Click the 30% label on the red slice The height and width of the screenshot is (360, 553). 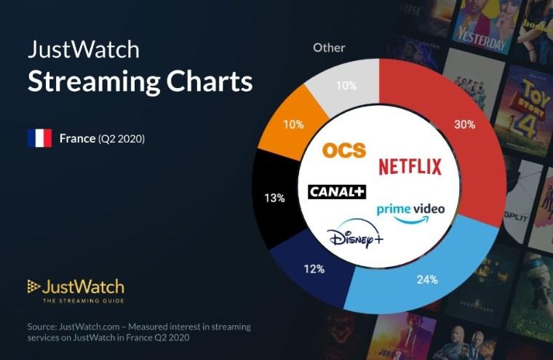pos(465,124)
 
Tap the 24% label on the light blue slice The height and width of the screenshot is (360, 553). pos(427,279)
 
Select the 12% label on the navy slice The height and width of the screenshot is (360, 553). pos(314,270)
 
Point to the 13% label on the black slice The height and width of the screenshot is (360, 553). pos(274,198)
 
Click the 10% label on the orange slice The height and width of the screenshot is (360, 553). pos(293,124)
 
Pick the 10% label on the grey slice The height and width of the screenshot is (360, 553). pos(346,86)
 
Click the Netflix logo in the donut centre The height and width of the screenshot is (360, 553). pos(410,167)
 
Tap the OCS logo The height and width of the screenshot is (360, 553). pos(344,150)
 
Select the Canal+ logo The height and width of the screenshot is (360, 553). pos(337,191)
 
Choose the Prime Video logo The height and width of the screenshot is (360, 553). pos(410,212)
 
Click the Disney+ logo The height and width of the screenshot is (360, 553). pos(356,238)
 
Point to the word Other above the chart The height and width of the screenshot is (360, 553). pos(329,48)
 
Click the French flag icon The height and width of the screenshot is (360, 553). pos(39,138)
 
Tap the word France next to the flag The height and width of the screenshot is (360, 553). pos(77,138)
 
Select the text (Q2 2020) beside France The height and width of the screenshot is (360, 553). pos(122,138)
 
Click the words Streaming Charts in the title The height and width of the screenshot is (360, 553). pos(140,81)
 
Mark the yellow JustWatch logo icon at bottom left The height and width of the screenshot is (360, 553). pos(33,287)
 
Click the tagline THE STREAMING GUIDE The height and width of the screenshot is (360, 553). pos(83,301)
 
